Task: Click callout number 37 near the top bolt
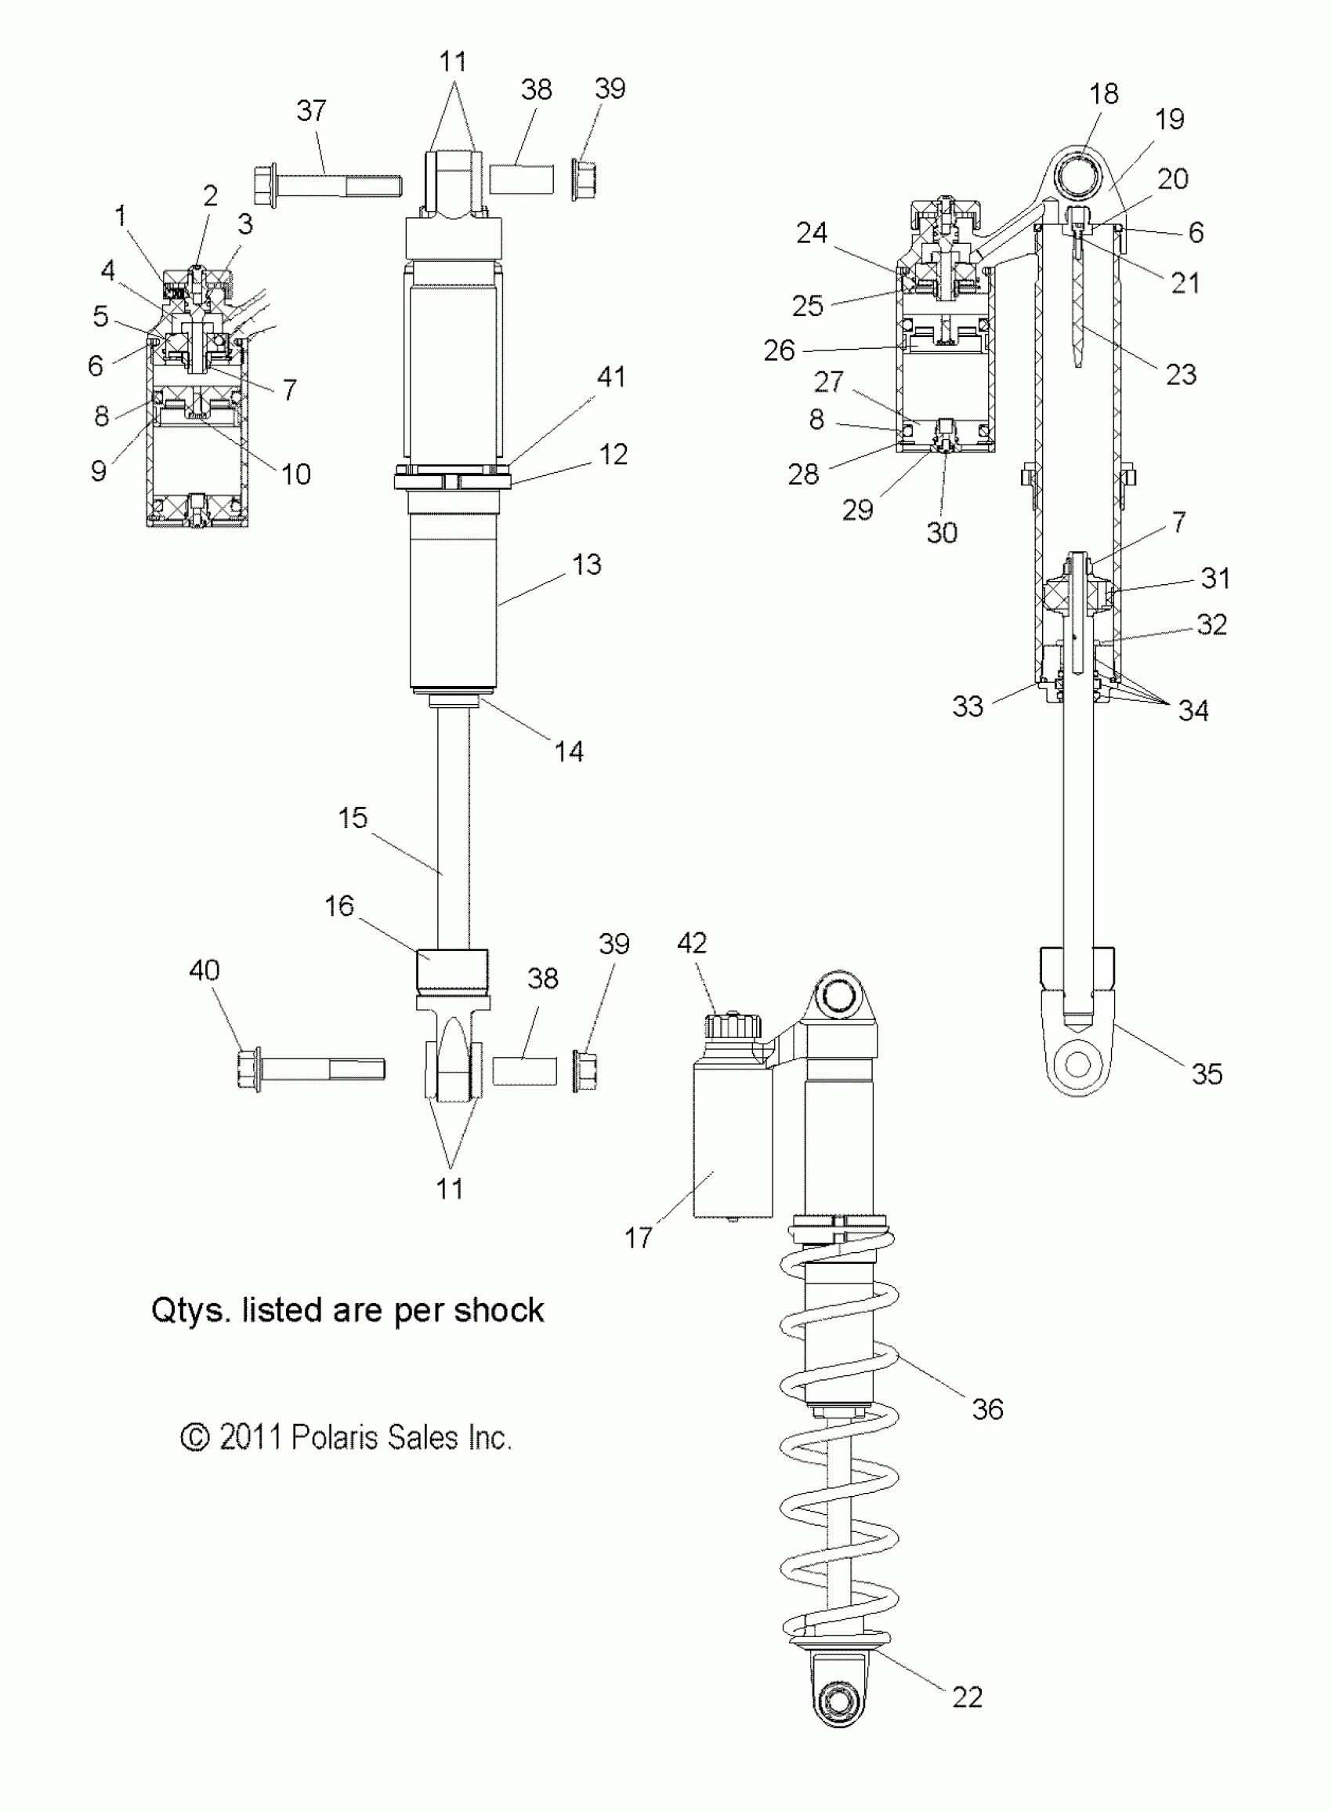[311, 111]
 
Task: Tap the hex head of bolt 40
[249, 1069]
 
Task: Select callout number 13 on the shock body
[587, 564]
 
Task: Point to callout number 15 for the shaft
[353, 817]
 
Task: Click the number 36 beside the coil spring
[987, 1409]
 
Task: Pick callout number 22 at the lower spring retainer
[967, 1698]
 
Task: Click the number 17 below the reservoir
[639, 1238]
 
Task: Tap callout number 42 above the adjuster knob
[692, 942]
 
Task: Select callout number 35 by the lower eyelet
[1207, 1074]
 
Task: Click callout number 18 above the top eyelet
[1104, 93]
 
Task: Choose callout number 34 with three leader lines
[1193, 710]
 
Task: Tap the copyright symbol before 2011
[194, 1437]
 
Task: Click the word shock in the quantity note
[498, 1310]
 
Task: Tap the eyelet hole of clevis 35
[1077, 1064]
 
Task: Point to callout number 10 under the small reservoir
[296, 474]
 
